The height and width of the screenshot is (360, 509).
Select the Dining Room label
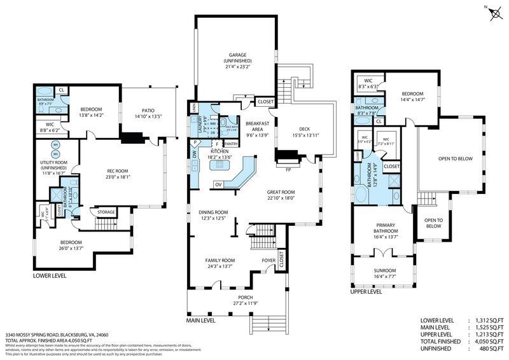213,215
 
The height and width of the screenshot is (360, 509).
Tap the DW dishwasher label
194,153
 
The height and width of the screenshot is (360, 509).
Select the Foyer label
268,260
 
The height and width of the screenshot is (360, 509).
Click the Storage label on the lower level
106,212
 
